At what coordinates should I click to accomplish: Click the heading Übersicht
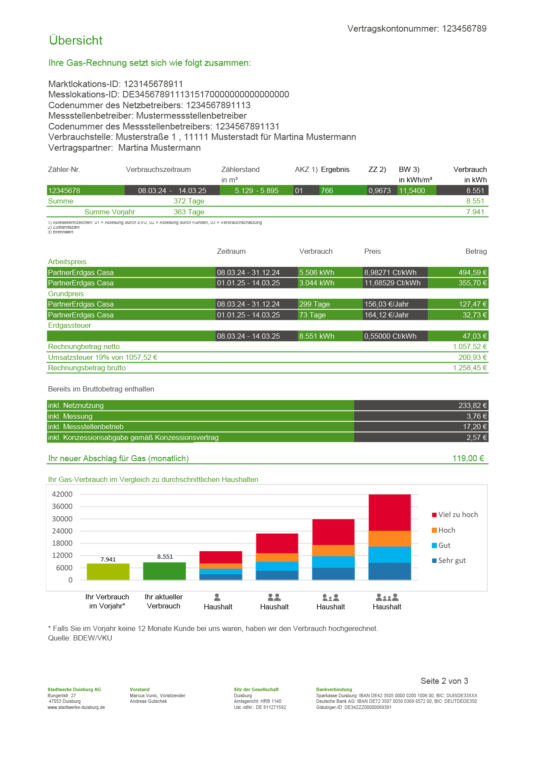76,40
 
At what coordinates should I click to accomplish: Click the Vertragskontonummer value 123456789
464,29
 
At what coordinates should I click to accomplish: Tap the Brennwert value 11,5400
412,191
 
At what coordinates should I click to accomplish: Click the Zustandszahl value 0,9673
379,191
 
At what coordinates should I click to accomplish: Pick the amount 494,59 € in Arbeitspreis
472,272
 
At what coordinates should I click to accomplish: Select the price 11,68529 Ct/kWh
392,283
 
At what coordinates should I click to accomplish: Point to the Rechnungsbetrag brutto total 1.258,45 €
469,368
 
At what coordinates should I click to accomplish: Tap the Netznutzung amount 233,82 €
472,405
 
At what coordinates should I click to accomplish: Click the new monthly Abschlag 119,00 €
468,458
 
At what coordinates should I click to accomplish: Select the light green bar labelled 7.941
108,572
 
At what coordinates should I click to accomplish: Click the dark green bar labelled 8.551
164,571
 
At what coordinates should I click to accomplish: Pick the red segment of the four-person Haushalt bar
389,512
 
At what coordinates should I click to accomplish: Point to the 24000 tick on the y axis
62,531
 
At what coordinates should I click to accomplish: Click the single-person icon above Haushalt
217,597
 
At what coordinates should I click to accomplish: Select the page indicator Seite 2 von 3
444,681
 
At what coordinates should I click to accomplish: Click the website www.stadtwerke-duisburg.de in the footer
76,707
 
